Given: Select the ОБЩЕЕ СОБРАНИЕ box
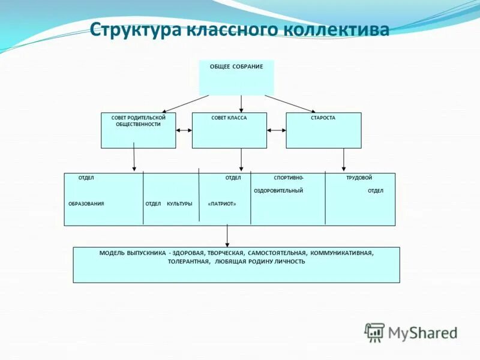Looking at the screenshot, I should pos(236,77).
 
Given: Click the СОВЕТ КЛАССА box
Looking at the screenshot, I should pos(229,130).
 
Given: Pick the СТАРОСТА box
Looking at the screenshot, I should pos(323,130).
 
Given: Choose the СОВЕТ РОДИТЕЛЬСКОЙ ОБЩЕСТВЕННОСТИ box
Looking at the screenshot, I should pos(138,130).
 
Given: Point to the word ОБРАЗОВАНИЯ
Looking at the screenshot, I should pos(86,204).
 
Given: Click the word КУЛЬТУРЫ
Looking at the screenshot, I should pos(179,204).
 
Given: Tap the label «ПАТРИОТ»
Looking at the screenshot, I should pos(222,204).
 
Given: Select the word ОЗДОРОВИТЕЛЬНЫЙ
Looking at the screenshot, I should pos(278,191).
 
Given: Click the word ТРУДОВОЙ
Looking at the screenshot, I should pos(359,178).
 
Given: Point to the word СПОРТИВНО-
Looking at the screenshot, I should pos(289,178).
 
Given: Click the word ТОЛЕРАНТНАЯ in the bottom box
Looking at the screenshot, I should pos(188,262).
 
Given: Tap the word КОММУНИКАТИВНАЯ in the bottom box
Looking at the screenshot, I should pos(342,253).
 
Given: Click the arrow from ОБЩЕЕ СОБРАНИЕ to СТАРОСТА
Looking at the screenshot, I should pos(290,104).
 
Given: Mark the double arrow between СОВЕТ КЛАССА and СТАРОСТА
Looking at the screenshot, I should pos(277,130).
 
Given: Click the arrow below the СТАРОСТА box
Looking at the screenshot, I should pos(344,160).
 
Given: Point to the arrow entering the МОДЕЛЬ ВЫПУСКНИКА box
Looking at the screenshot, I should pos(227,236).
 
